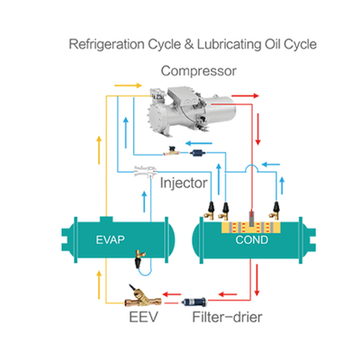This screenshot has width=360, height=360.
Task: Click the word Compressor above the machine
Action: click(x=199, y=71)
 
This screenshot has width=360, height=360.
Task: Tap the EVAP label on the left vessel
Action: click(x=110, y=239)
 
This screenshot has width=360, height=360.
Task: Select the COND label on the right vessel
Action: click(x=252, y=240)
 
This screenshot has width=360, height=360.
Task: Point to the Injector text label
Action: click(x=184, y=183)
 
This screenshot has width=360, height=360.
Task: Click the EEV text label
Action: click(x=143, y=317)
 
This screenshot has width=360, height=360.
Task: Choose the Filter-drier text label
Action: click(x=227, y=317)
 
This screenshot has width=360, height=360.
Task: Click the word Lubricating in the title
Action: click(x=229, y=44)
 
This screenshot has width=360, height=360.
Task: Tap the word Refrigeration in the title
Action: click(x=106, y=44)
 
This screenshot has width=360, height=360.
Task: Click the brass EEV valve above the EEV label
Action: click(x=143, y=296)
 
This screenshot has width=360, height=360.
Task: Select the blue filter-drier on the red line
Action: click(x=194, y=301)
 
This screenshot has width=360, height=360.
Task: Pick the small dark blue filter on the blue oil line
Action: click(x=197, y=153)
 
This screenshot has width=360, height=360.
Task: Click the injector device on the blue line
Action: click(x=146, y=171)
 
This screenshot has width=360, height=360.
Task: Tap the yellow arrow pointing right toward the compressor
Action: click(x=128, y=85)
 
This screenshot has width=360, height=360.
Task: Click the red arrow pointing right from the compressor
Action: click(x=246, y=96)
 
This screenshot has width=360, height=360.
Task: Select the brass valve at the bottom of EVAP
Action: click(x=139, y=258)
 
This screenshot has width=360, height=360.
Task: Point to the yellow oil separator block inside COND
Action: click(x=251, y=228)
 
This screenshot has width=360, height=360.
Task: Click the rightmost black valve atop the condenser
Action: click(x=275, y=211)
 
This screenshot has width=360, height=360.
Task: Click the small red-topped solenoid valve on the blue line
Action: click(x=172, y=151)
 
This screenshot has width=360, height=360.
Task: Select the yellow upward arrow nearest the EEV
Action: click(x=99, y=284)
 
